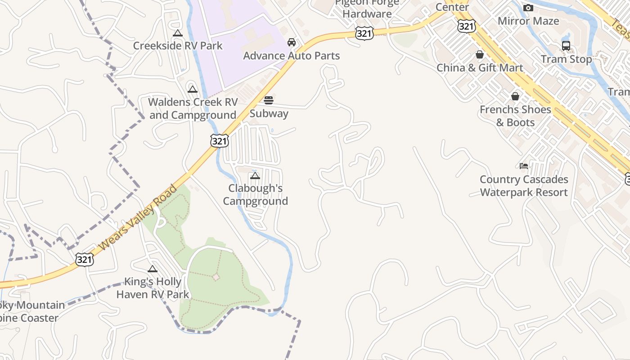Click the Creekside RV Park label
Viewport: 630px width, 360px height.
tap(178, 45)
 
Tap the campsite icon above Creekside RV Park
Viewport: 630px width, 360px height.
tap(178, 33)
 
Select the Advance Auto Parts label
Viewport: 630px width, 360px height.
tap(292, 56)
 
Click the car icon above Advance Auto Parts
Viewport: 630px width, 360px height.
tap(292, 42)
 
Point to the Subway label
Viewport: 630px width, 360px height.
tap(269, 113)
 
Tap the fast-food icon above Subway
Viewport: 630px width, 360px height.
tap(269, 100)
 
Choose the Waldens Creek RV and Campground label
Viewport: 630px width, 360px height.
tap(193, 108)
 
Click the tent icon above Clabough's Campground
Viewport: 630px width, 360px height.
tap(255, 175)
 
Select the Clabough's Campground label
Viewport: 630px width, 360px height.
tap(256, 194)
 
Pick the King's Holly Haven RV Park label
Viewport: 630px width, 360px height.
tap(153, 288)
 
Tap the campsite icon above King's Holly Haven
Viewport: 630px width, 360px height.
tap(153, 269)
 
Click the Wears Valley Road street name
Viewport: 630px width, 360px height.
tap(138, 217)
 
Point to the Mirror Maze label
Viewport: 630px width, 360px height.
tap(528, 21)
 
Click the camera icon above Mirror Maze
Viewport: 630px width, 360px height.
tap(528, 8)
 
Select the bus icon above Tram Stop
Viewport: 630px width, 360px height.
tap(566, 46)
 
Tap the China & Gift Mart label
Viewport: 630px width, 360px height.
tap(480, 68)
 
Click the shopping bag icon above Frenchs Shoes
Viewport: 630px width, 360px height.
tap(515, 96)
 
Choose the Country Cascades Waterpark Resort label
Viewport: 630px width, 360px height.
tap(524, 186)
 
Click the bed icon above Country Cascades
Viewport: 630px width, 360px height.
tap(524, 166)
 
